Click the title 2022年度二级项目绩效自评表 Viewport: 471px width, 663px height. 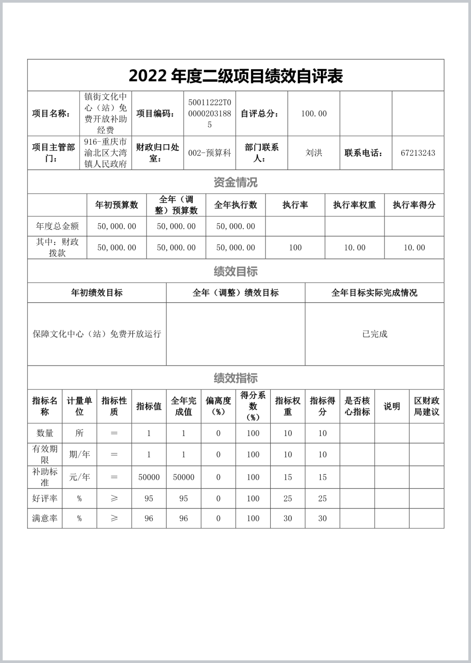[235, 76]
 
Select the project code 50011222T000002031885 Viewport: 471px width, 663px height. [209, 113]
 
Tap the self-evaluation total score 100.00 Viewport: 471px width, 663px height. [314, 114]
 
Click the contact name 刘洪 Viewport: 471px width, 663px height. [314, 153]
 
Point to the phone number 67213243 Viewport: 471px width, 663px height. [418, 153]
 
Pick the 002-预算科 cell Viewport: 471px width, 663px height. [209, 153]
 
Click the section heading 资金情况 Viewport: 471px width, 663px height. [235, 182]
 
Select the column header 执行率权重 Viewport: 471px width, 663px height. [355, 205]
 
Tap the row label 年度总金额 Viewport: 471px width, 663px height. [57, 226]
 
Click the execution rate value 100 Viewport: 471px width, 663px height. [295, 247]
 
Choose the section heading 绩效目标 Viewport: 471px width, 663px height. [235, 271]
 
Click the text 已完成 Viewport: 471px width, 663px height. [375, 334]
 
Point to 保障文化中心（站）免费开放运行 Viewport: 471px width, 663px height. [97, 334]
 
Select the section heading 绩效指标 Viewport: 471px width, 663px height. [235, 378]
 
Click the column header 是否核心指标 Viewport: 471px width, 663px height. [357, 406]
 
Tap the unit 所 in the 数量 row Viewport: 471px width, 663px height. [79, 433]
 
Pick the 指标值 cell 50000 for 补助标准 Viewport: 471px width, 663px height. [149, 477]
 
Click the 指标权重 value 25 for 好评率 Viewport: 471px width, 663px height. [288, 498]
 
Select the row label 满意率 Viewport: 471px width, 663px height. [44, 518]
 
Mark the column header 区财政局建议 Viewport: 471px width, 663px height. [427, 406]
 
